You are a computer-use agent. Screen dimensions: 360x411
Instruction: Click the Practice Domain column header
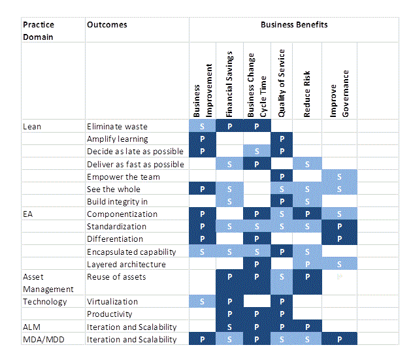pos(39,31)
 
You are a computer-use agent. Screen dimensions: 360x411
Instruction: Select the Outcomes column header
pos(107,25)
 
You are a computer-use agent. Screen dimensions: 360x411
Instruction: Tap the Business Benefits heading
pos(294,25)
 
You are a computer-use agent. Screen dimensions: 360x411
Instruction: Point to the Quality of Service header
pos(282,83)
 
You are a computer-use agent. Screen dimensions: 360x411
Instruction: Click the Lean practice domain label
pos(32,126)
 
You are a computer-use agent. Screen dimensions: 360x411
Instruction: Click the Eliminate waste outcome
pos(118,126)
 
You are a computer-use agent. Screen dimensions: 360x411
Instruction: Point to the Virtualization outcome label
pos(112,302)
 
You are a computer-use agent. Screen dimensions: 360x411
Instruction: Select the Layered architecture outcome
pos(126,264)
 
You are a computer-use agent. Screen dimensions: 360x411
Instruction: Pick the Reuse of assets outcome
pos(116,277)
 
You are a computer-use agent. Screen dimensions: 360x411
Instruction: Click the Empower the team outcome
pos(123,176)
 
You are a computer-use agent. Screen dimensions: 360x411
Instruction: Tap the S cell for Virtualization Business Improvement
pos(202,302)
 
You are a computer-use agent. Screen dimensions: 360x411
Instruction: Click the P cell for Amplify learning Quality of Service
pos(281,139)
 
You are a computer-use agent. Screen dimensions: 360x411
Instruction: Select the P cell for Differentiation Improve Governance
pos(339,239)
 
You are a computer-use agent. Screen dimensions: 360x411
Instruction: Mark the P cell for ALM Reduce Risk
pos(307,327)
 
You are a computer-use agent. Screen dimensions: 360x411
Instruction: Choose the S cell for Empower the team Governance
pos(339,176)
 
